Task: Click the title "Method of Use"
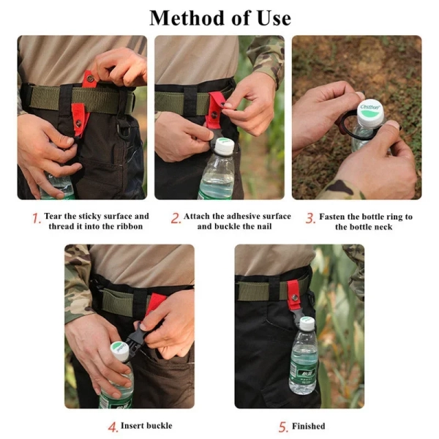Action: pos(220,18)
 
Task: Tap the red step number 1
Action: pos(37,218)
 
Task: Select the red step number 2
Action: pos(176,218)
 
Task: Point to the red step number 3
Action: pos(310,218)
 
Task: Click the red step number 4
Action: pos(113,427)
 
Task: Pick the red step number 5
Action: pos(283,427)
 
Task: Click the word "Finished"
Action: pos(309,426)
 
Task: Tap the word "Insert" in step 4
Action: pos(132,426)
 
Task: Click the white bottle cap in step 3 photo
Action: pos(371,112)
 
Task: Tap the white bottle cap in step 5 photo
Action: pos(307,323)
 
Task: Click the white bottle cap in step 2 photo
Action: pos(225,146)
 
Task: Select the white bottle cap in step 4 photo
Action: pos(120,350)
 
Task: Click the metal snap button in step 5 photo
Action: pos(295,298)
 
